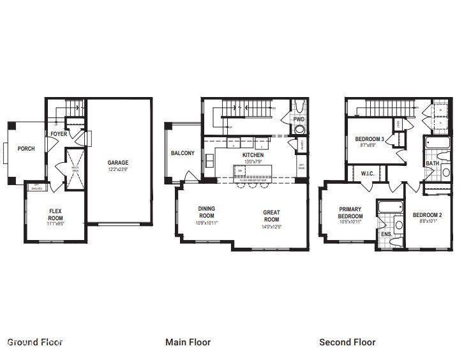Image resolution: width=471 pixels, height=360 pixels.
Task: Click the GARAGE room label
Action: pos(117,163)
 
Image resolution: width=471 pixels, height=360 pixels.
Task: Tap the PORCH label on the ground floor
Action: pos(26,149)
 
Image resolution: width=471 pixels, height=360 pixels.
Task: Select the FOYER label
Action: pos(59,134)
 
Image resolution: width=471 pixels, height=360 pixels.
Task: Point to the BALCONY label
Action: pos(183,153)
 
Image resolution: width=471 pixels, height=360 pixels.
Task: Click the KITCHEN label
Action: pos(253,155)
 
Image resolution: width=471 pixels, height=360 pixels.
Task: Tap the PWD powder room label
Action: pos(299,120)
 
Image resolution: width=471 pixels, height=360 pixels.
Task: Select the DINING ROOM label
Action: pos(207,212)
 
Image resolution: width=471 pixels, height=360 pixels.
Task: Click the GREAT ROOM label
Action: pos(271,216)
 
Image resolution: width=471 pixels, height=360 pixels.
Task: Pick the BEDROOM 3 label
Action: pos(369,139)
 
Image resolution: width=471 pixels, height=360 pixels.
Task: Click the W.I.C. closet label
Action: pos(367,173)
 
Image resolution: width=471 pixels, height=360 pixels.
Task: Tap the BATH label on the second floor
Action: pos(432,164)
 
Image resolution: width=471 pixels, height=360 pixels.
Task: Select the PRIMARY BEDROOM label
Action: pos(350,213)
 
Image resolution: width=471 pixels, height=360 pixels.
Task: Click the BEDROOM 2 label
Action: pos(428,215)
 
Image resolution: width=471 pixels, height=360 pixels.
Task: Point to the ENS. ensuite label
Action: pos(386,234)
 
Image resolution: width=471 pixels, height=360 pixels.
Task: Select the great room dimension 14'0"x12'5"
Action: pos(271,227)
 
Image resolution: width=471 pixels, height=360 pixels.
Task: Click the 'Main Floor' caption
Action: pos(188,342)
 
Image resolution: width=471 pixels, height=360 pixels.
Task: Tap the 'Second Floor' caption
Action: pos(347,342)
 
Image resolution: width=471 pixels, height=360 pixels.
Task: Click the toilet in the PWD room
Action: pos(299,130)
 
